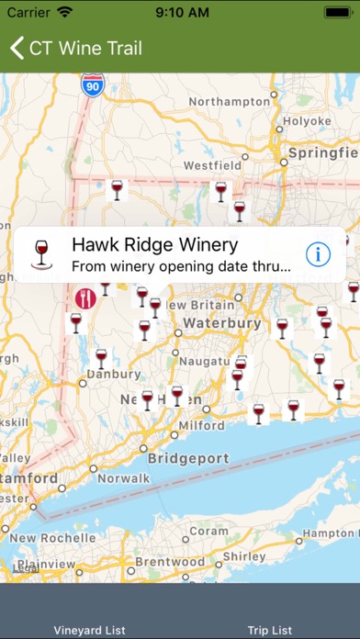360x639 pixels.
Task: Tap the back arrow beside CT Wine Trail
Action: pyautogui.click(x=17, y=48)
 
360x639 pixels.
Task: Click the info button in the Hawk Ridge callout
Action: pyautogui.click(x=317, y=254)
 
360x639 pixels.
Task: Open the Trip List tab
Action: pyautogui.click(x=270, y=630)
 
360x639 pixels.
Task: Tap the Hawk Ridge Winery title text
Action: pyautogui.click(x=154, y=245)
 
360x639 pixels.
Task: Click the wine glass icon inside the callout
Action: pyautogui.click(x=41, y=254)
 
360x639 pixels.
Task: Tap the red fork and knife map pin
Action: pyautogui.click(x=85, y=297)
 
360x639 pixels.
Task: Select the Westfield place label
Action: pyautogui.click(x=212, y=165)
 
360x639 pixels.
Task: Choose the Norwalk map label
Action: pyautogui.click(x=123, y=477)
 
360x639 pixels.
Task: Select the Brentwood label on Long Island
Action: pyautogui.click(x=173, y=561)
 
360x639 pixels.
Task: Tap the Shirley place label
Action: pyautogui.click(x=244, y=556)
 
